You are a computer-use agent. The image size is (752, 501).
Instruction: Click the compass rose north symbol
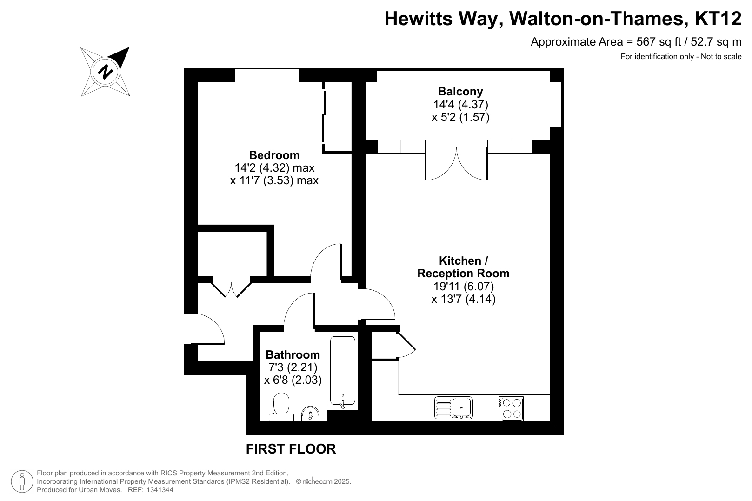(105, 72)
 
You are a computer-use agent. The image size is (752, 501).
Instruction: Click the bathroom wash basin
(310, 414)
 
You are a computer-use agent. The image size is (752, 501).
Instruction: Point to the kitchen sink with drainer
(453, 407)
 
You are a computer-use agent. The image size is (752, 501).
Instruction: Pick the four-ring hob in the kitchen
(511, 408)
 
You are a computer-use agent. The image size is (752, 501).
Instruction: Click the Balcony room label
(460, 91)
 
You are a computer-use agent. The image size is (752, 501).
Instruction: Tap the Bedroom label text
(274, 155)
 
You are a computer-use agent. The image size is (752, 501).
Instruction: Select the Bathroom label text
(293, 354)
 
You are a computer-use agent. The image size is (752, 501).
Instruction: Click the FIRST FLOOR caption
(291, 449)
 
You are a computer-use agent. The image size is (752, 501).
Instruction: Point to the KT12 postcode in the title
(718, 19)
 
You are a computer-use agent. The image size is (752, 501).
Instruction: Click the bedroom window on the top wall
(267, 75)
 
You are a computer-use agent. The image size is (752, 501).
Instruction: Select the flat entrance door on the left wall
(204, 329)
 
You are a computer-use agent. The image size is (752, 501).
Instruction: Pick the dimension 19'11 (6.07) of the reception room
(463, 287)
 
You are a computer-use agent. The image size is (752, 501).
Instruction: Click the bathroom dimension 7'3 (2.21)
(293, 367)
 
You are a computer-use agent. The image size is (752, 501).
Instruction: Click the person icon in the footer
(22, 481)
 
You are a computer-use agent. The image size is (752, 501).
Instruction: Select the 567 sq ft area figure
(659, 42)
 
